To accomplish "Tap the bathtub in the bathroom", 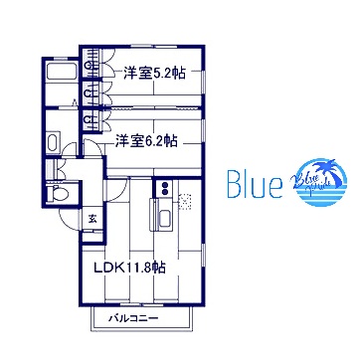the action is [x=60, y=79].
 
